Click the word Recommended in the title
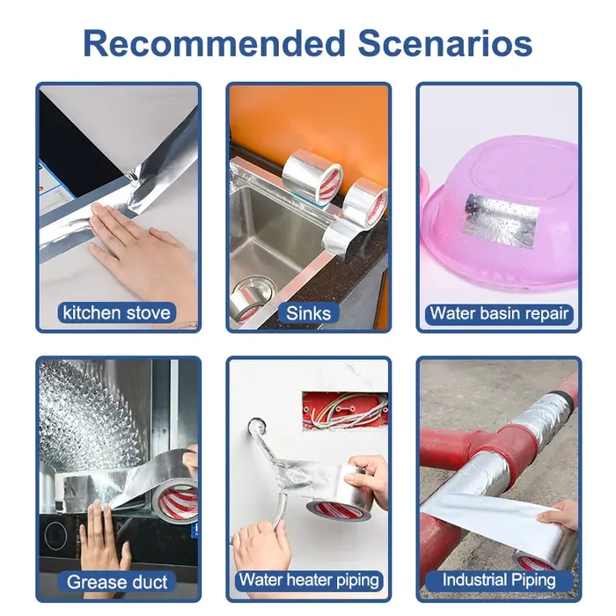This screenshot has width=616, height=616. pyautogui.click(x=215, y=43)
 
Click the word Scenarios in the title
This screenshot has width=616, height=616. pyautogui.click(x=445, y=43)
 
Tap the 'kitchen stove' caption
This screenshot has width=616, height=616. pyautogui.click(x=117, y=312)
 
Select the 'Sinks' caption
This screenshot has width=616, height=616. pyautogui.click(x=308, y=313)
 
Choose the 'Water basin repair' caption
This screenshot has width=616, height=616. pyautogui.click(x=499, y=313)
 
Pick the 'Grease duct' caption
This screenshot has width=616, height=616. pyautogui.click(x=117, y=582)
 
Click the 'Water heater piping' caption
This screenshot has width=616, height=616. pyautogui.click(x=309, y=580)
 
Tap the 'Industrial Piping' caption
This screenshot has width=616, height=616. pyautogui.click(x=499, y=580)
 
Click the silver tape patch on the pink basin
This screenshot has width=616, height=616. pyautogui.click(x=501, y=220)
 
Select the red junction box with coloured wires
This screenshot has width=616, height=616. pyautogui.click(x=345, y=411)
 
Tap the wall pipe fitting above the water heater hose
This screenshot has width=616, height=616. pyautogui.click(x=256, y=426)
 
